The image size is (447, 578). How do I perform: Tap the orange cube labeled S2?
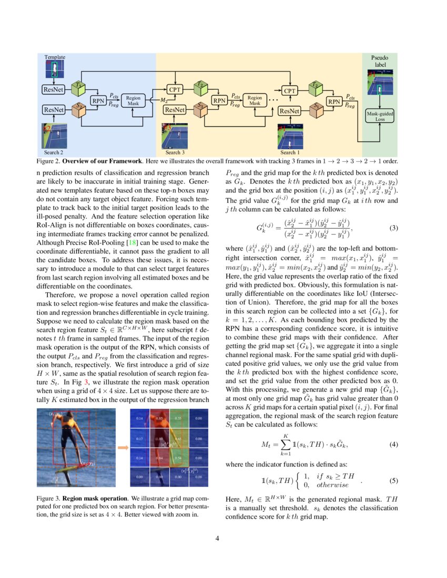(79, 109)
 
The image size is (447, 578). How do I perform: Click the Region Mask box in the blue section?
(133, 101)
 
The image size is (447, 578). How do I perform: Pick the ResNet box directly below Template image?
(54, 89)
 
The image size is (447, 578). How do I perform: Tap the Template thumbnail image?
(55, 70)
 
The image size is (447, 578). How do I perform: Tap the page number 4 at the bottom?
(223, 538)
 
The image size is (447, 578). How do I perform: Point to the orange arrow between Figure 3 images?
(122, 447)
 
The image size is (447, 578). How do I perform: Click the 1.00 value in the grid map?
(157, 438)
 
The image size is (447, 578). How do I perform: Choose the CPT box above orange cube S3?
(175, 90)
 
